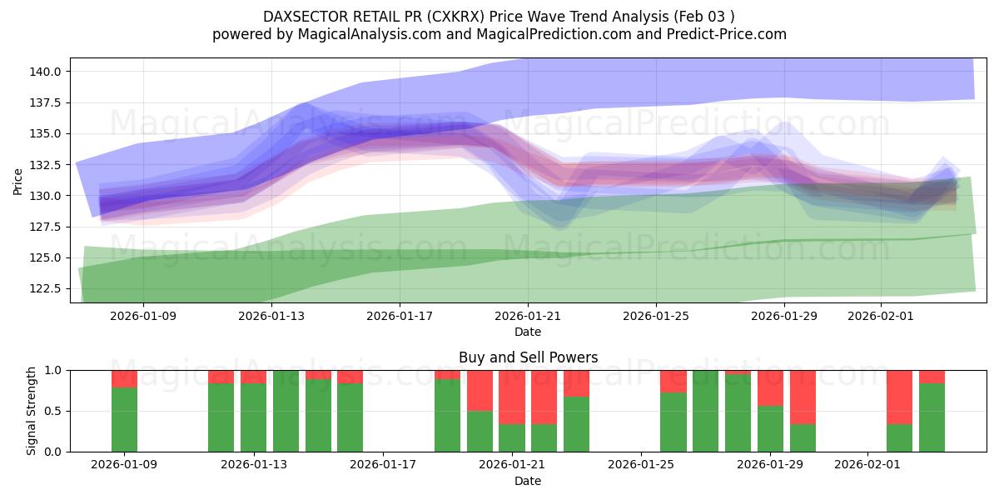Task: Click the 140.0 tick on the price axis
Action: coord(46,72)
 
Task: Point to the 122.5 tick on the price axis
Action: coord(46,288)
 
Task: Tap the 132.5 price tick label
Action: coord(46,165)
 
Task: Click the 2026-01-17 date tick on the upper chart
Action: coord(400,316)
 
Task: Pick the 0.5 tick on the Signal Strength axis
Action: coord(54,411)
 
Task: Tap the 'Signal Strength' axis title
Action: coord(32,411)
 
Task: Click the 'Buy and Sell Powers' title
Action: coord(528,357)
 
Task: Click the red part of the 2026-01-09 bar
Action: coord(124,378)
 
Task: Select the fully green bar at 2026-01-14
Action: coord(286,411)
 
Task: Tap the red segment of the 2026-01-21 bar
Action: coord(512,397)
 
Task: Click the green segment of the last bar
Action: coord(932,417)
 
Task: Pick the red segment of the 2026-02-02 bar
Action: coord(899,397)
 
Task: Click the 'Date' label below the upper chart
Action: coord(528,332)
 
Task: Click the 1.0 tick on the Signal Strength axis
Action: coord(54,370)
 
